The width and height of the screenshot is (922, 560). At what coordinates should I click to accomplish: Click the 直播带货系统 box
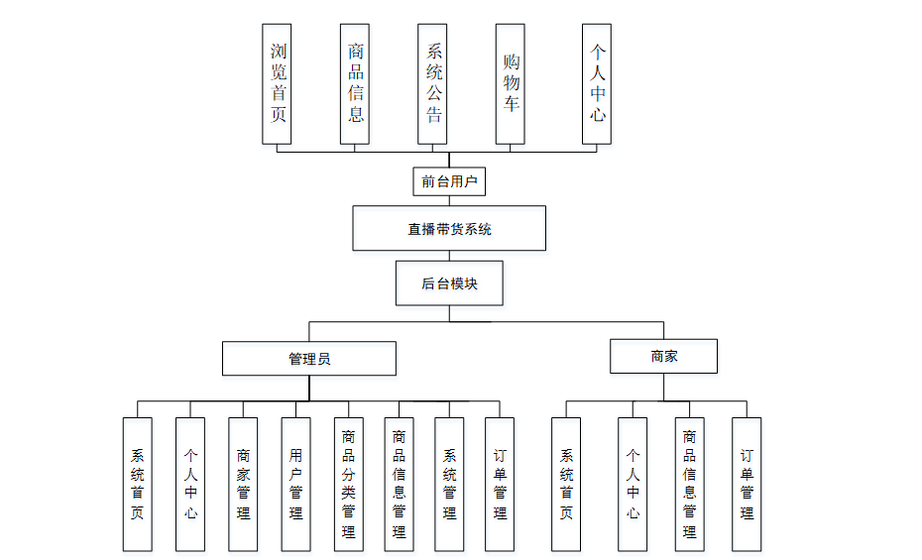(449, 228)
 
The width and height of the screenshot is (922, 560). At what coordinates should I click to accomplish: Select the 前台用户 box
(449, 181)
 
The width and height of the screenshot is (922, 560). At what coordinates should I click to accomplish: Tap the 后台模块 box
(449, 282)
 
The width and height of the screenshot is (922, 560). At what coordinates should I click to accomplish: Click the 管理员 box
(308, 358)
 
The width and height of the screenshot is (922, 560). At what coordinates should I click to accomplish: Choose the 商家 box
(663, 356)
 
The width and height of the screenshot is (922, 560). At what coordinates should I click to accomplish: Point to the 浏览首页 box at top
(277, 83)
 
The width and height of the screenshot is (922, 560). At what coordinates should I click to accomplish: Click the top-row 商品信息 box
(355, 83)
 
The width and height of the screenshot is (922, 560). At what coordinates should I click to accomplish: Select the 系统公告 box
(433, 83)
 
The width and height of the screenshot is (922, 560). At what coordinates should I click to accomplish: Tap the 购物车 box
(511, 83)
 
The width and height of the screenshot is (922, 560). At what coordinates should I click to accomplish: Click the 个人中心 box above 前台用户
(597, 83)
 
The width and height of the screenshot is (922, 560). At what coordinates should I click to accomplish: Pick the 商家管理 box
(243, 484)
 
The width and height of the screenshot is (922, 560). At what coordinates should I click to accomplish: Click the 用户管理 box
(295, 484)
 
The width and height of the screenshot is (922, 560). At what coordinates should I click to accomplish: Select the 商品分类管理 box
(348, 484)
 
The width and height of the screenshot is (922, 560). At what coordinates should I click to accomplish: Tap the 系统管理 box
(449, 484)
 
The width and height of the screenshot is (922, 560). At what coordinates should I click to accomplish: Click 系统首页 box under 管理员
(137, 484)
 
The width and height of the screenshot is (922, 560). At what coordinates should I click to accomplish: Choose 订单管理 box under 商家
(747, 484)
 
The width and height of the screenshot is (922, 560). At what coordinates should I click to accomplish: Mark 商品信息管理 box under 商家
(689, 484)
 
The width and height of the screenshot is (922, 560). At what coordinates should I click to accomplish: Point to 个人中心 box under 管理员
(190, 484)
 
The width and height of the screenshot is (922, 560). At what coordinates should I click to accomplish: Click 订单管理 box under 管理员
(500, 484)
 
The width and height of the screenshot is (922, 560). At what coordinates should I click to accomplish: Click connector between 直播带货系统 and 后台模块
(449, 256)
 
